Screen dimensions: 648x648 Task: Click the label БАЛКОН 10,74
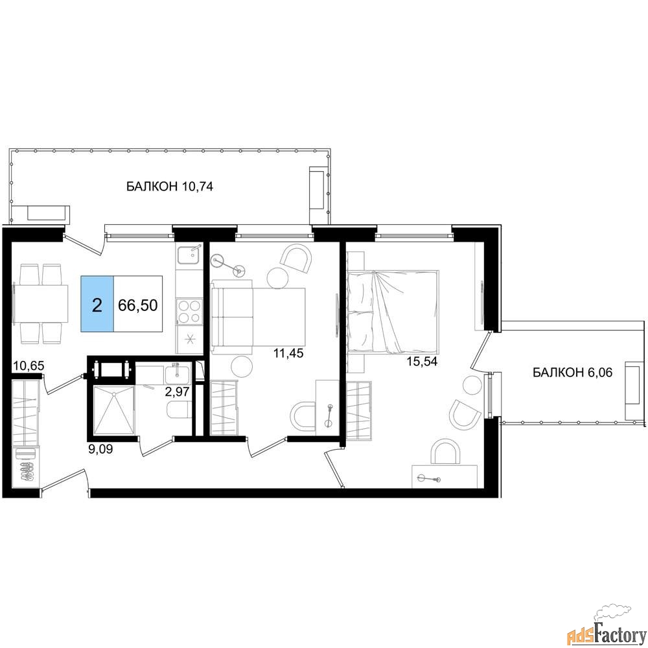pyautogui.click(x=169, y=187)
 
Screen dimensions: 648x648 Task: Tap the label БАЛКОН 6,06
pyautogui.click(x=572, y=373)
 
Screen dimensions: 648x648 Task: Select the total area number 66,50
pyautogui.click(x=137, y=305)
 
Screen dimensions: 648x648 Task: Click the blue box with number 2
pyautogui.click(x=97, y=304)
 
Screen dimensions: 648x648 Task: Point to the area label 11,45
pyautogui.click(x=288, y=353)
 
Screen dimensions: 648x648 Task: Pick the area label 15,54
pyautogui.click(x=422, y=362)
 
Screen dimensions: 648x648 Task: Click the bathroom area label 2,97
pyautogui.click(x=178, y=391)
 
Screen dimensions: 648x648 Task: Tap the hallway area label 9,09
pyautogui.click(x=100, y=448)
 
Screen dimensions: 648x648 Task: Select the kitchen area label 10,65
pyautogui.click(x=29, y=365)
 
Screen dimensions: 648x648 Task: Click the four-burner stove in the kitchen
pyautogui.click(x=189, y=311)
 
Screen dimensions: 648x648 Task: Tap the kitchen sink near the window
pyautogui.click(x=189, y=255)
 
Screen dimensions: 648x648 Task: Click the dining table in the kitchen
pyautogui.click(x=41, y=304)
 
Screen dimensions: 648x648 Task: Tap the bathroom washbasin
pyautogui.click(x=178, y=375)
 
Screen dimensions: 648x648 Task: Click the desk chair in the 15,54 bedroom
pyautogui.click(x=446, y=452)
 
